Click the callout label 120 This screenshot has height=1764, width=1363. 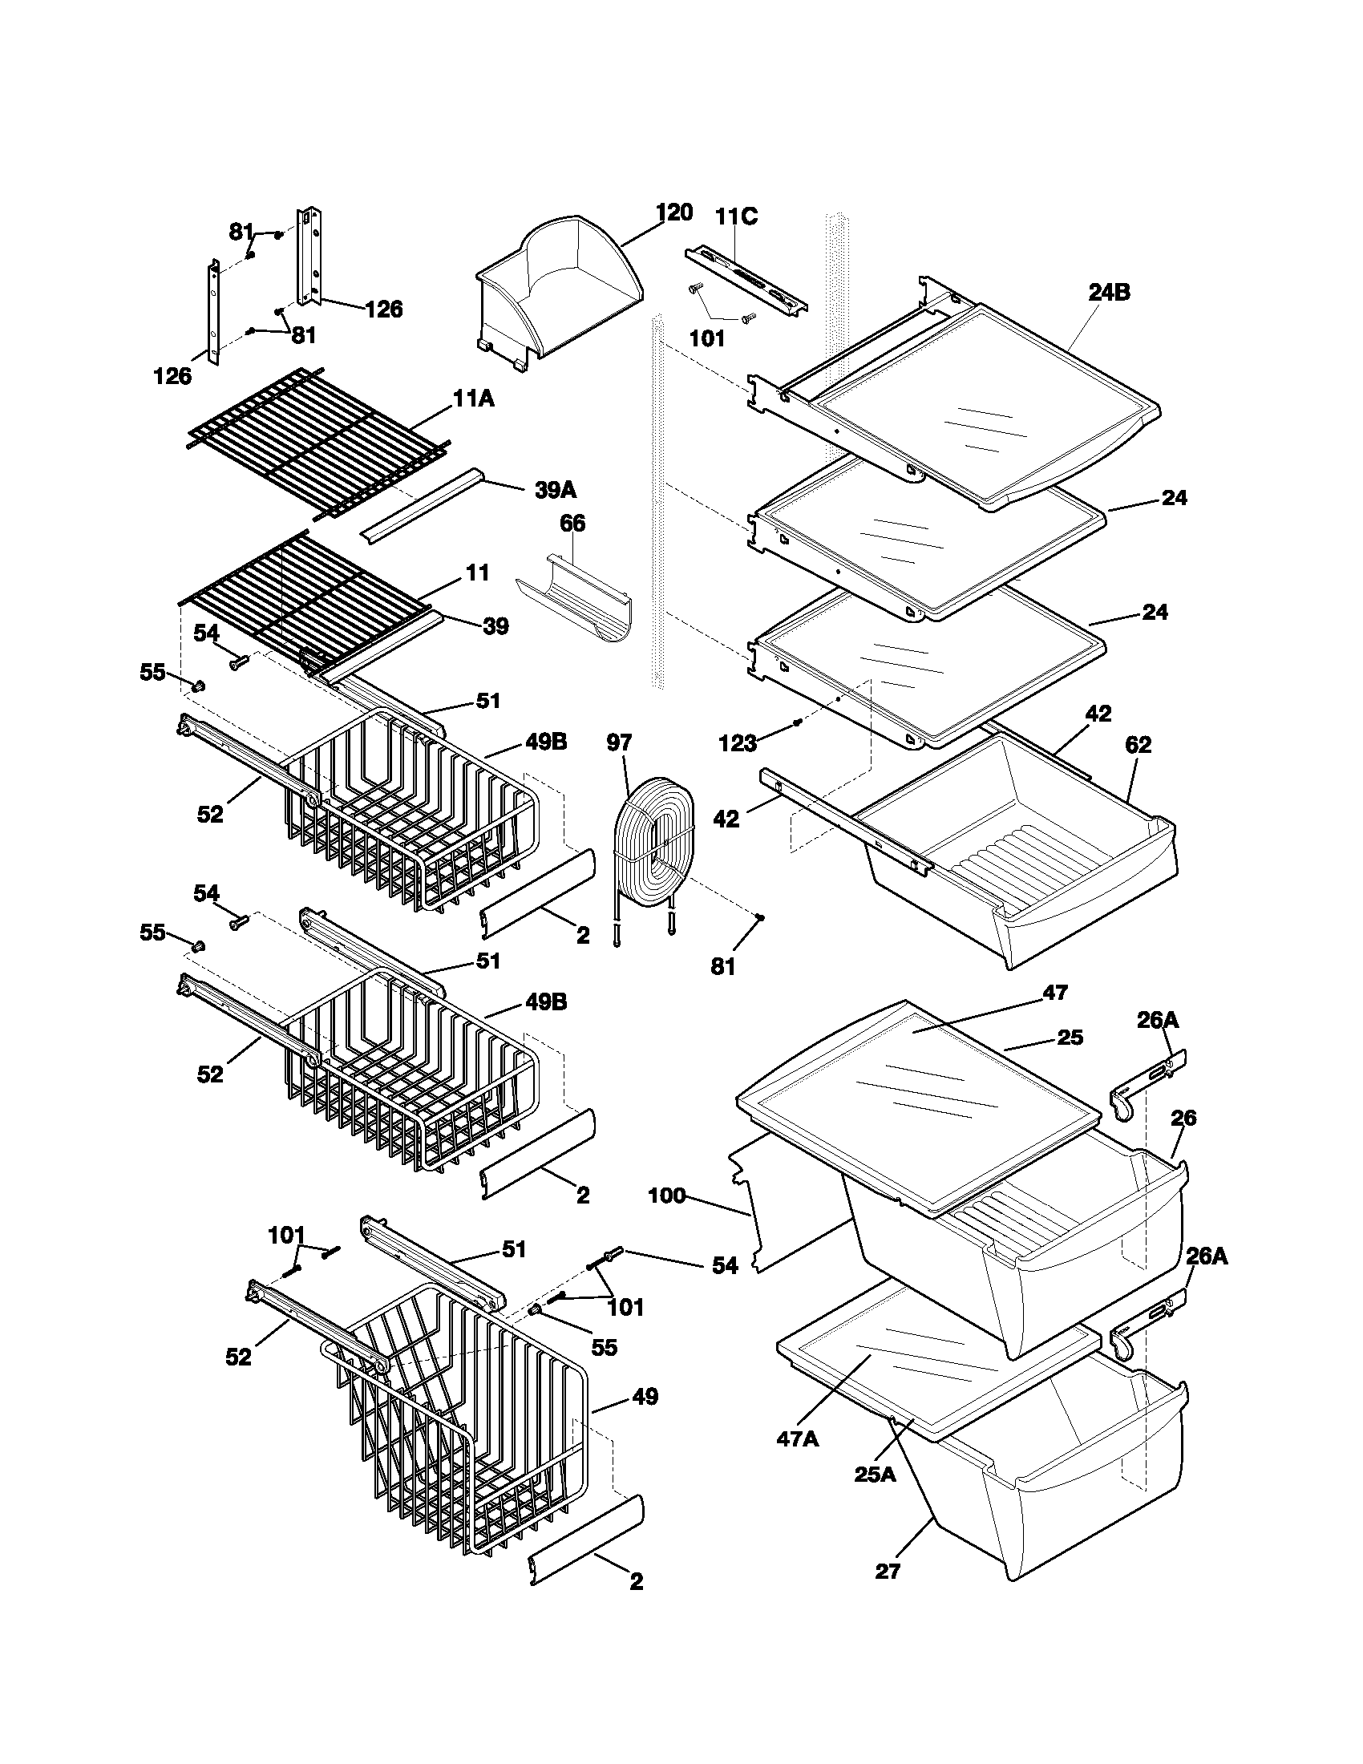pyautogui.click(x=673, y=212)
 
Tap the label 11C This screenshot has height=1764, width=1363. pyautogui.click(x=735, y=217)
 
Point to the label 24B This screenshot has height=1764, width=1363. pyautogui.click(x=1109, y=293)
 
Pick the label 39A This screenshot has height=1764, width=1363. pyautogui.click(x=556, y=490)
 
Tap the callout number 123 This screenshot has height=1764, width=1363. pyautogui.click(x=737, y=743)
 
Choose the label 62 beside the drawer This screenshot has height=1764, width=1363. pyautogui.click(x=1137, y=745)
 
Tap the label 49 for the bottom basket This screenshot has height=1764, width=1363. pyautogui.click(x=645, y=1396)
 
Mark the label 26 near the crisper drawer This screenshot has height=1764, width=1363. pyautogui.click(x=1183, y=1119)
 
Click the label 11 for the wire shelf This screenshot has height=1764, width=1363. pyautogui.click(x=477, y=572)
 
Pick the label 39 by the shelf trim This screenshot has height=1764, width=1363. pyautogui.click(x=495, y=626)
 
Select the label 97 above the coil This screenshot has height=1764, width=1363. pyautogui.click(x=619, y=742)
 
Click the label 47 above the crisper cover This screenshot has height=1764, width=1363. pyautogui.click(x=1054, y=993)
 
